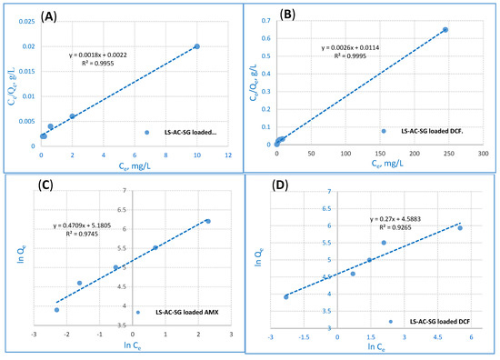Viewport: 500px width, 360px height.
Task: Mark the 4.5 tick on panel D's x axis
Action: tap(437, 336)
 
